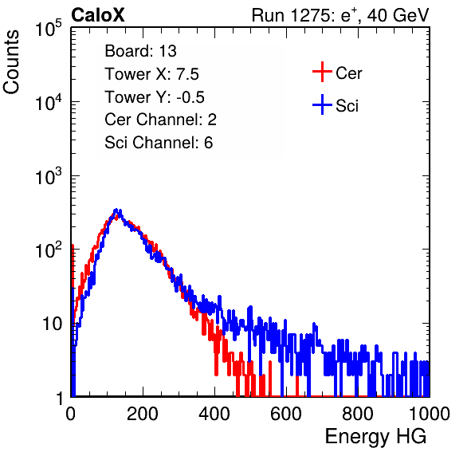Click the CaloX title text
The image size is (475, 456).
pyautogui.click(x=98, y=15)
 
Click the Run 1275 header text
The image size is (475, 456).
pyautogui.click(x=340, y=15)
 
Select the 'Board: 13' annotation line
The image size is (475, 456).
pyautogui.click(x=140, y=51)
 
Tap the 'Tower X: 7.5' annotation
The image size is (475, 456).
pyautogui.click(x=151, y=74)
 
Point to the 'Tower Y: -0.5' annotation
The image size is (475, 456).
pyautogui.click(x=155, y=97)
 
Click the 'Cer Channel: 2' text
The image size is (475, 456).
pyautogui.click(x=160, y=120)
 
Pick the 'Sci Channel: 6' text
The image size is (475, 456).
pyautogui.click(x=159, y=143)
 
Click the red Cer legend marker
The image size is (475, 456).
pyautogui.click(x=322, y=72)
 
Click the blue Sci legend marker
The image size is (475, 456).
pyautogui.click(x=322, y=104)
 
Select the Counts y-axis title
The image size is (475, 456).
pyautogui.click(x=11, y=62)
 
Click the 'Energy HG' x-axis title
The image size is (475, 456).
pyautogui.click(x=375, y=437)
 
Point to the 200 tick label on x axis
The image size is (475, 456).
pyautogui.click(x=143, y=414)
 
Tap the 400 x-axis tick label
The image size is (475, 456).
pyautogui.click(x=214, y=414)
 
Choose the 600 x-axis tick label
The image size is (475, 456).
pyautogui.click(x=286, y=414)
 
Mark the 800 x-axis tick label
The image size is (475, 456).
pyautogui.click(x=358, y=414)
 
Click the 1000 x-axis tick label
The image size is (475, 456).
pyautogui.click(x=430, y=414)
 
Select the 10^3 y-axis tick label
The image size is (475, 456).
pyautogui.click(x=49, y=176)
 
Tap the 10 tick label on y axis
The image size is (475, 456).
pyautogui.click(x=53, y=324)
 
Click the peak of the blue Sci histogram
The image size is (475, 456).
pyautogui.click(x=116, y=210)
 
